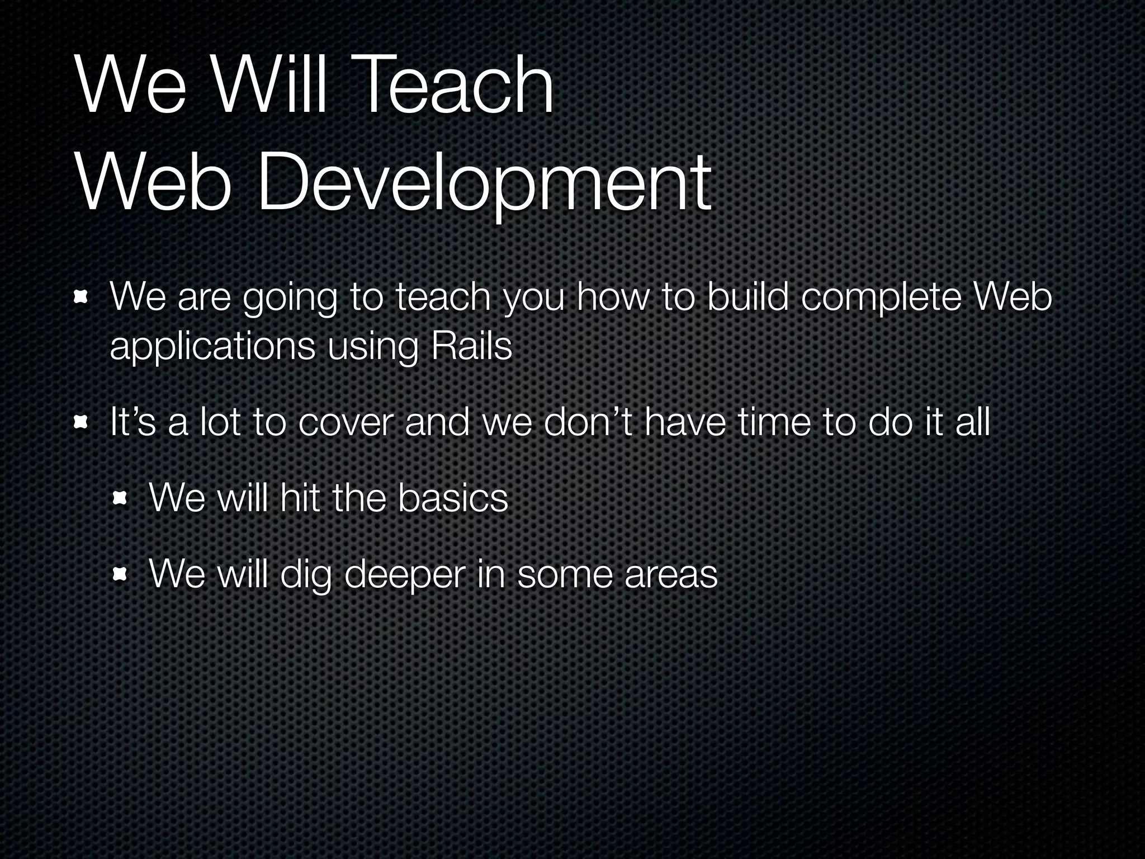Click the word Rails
(471, 347)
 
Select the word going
(290, 299)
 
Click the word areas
(670, 575)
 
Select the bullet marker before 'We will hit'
(120, 497)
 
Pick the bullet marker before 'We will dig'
(120, 574)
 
